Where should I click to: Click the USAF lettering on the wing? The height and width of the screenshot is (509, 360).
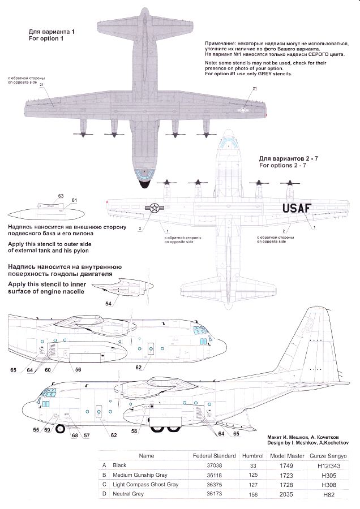(296, 208)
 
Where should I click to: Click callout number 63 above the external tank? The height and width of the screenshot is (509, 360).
(61, 196)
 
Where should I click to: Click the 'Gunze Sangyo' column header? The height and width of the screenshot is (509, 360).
(328, 455)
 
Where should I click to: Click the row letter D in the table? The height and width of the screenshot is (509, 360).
(104, 494)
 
